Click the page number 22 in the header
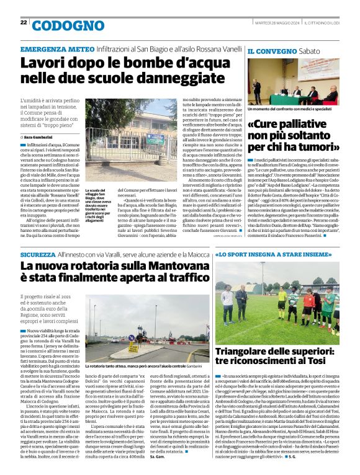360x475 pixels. tap(24, 22)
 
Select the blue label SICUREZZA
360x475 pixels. tap(37, 254)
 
